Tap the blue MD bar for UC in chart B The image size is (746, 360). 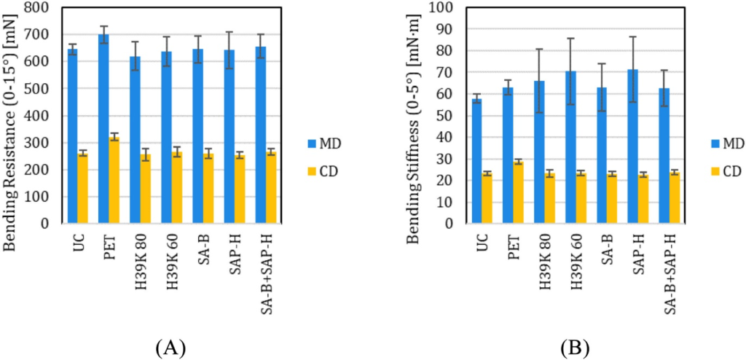[x=476, y=161]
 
